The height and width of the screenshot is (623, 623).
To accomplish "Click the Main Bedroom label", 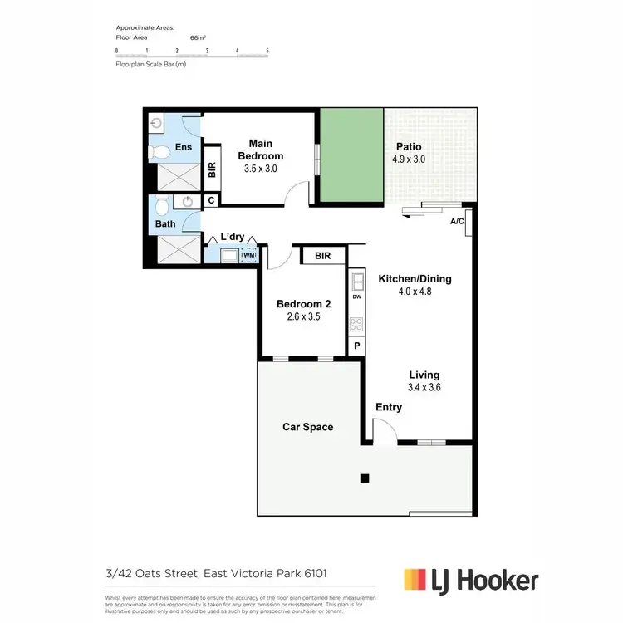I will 260,150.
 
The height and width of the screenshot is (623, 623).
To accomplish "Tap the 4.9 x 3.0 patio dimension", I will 408,159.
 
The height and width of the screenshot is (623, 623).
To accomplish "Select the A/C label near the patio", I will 456,222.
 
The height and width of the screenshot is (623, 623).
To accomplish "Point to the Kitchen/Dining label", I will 415,279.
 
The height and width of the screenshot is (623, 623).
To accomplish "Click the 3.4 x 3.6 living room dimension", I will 424,388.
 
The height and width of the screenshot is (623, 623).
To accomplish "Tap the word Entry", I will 389,407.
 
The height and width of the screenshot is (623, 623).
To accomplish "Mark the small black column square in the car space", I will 364,478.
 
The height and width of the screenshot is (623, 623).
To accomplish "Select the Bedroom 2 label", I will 303,304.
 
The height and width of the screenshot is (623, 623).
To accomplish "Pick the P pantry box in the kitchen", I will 357,346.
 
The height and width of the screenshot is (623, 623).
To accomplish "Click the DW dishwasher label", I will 357,297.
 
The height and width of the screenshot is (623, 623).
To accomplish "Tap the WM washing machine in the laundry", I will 248,256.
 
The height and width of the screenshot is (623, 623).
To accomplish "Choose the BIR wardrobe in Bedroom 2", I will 322,257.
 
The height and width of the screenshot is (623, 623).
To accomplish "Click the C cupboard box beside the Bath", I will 211,200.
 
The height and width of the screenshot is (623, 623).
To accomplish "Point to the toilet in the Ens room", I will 156,152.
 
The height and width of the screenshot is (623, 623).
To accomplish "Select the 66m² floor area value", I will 199,37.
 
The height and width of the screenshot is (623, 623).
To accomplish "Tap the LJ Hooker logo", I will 469,580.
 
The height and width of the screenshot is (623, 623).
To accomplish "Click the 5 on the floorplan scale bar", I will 267,52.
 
